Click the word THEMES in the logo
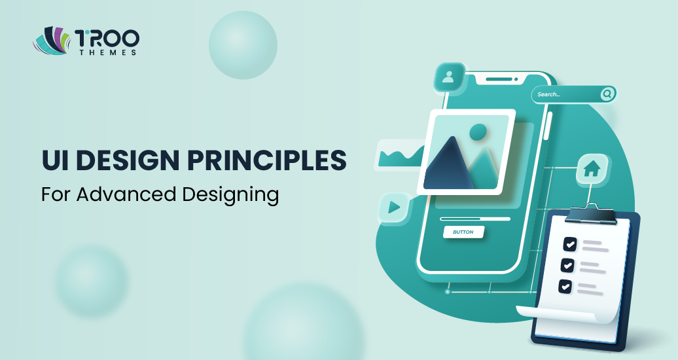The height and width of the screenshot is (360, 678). (x=106, y=52)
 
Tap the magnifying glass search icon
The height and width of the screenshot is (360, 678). (x=607, y=94)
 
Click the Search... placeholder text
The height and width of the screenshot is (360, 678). (x=549, y=95)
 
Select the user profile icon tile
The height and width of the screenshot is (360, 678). (x=448, y=77)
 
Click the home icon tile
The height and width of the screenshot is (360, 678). (x=591, y=170)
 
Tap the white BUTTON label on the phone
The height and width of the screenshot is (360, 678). (x=463, y=232)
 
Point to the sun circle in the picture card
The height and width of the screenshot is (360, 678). (x=478, y=132)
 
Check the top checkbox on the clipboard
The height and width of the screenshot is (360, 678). (x=570, y=244)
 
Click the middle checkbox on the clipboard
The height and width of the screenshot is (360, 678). (x=567, y=265)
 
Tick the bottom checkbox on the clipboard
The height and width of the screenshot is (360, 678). (x=564, y=286)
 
